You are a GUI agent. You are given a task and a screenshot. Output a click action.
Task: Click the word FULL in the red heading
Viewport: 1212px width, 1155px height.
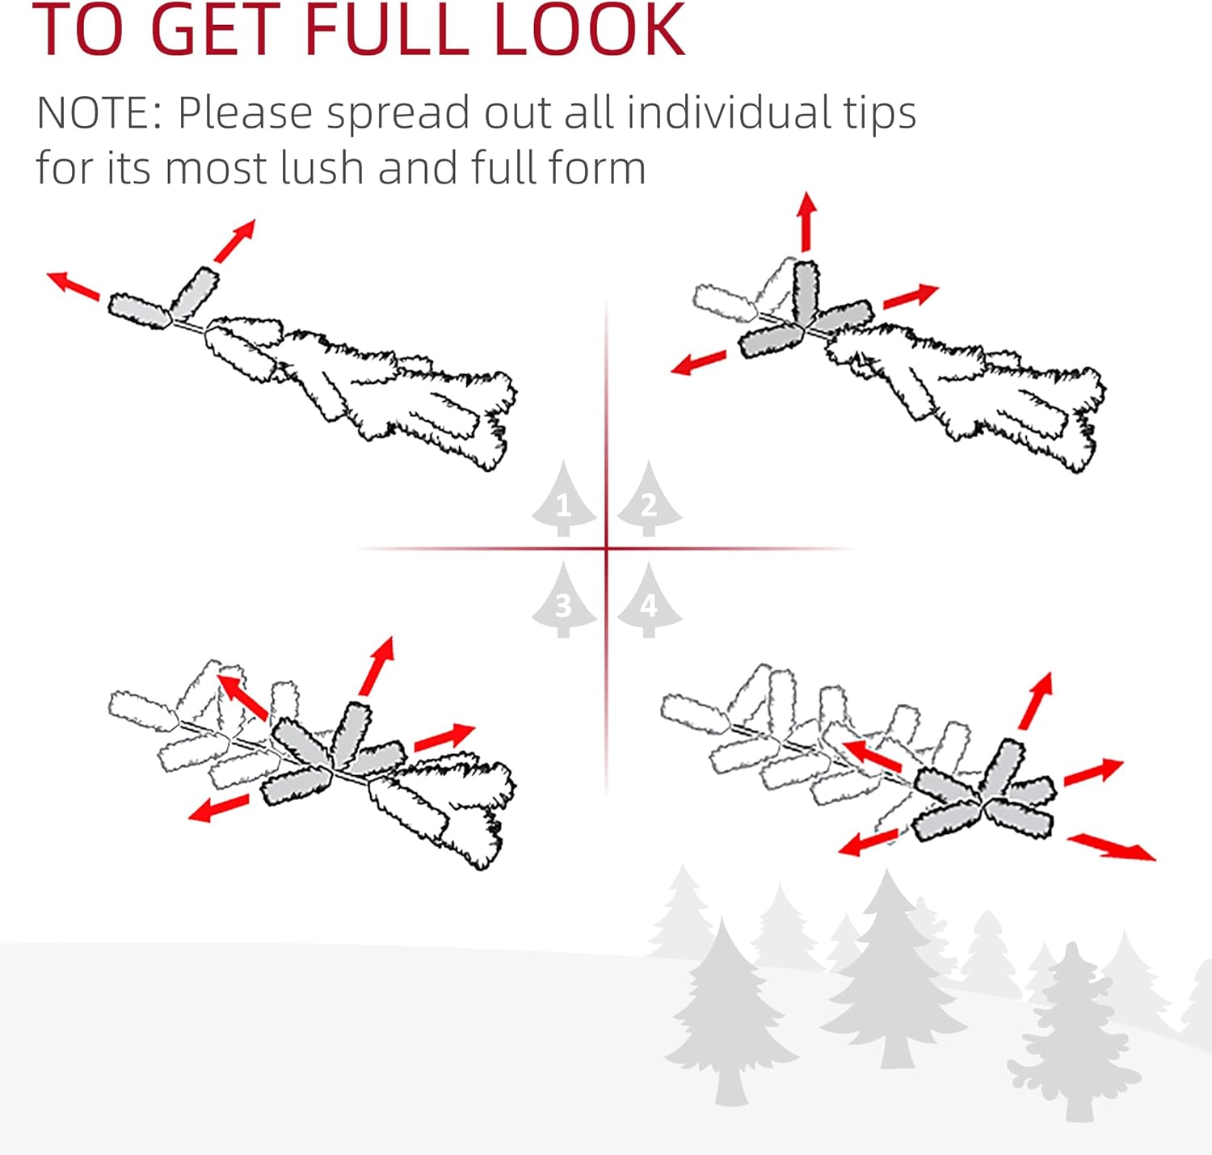[387, 30]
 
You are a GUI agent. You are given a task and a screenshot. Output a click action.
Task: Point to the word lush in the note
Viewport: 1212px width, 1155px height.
[322, 167]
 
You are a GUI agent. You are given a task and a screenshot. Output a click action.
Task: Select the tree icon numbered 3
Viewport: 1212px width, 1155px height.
[563, 600]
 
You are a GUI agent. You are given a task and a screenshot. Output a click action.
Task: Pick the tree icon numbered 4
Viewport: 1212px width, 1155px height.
[649, 600]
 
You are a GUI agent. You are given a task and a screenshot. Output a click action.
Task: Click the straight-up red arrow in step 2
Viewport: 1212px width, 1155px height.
[806, 221]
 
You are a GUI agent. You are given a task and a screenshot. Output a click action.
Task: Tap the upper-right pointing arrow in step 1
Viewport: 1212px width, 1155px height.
[235, 241]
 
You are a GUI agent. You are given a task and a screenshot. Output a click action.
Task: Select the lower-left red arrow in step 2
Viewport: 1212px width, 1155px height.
[698, 363]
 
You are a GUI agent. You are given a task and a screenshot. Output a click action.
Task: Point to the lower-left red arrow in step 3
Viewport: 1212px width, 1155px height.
[219, 807]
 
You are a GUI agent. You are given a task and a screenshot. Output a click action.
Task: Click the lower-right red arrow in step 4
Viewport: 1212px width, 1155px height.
[1112, 847]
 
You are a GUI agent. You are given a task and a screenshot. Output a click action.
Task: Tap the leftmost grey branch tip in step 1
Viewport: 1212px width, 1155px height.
[140, 311]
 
